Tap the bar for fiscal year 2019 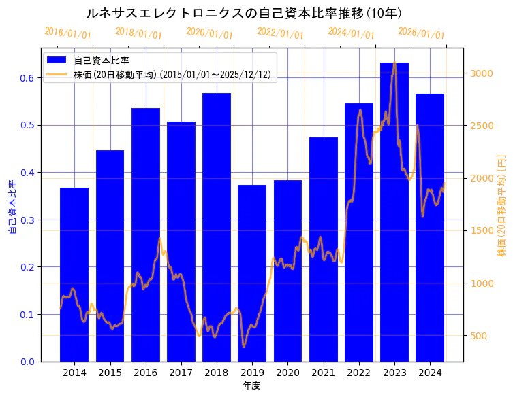point(252,273)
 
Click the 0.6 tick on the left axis point(27,78)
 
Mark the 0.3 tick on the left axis point(27,220)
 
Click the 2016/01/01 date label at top point(67,33)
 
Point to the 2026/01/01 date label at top point(421,33)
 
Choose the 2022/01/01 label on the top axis point(280,33)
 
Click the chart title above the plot point(244,13)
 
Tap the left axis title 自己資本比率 point(12,207)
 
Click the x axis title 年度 point(251,385)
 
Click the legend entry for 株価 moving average point(173,75)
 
